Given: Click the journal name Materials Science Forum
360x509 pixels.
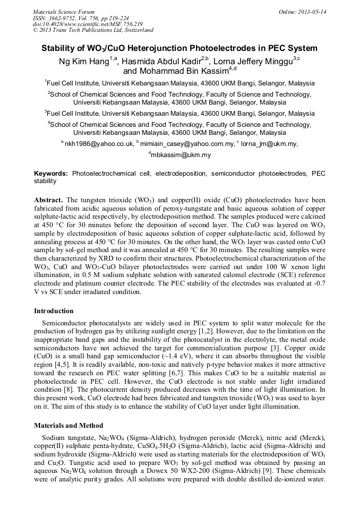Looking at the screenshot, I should [x=64, y=12].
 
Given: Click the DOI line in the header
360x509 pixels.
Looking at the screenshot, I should [x=88, y=24].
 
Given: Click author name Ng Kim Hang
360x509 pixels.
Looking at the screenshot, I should [x=83, y=62].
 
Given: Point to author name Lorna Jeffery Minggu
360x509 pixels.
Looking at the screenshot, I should [x=253, y=62].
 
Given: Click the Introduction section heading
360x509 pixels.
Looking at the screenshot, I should [x=54, y=311].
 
